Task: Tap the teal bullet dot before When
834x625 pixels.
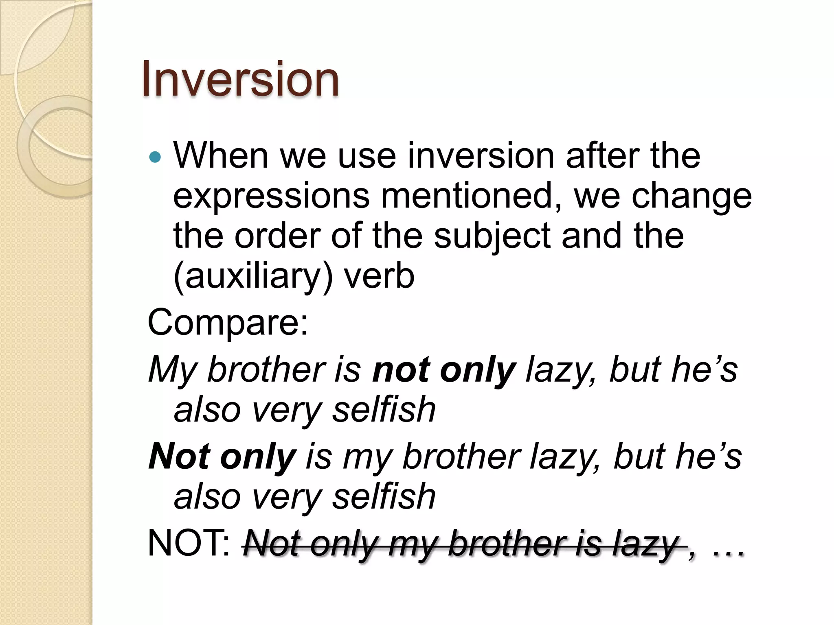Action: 155,157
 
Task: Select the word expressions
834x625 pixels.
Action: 271,196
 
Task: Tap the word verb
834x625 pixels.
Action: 379,276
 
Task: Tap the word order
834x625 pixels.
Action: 278,236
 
